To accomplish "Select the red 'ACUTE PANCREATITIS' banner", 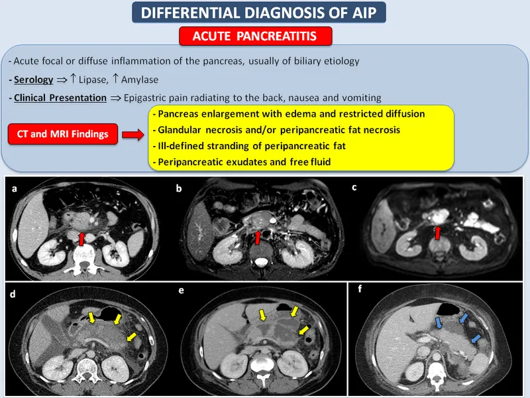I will click(x=255, y=36).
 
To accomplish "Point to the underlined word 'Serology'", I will click(x=33, y=80).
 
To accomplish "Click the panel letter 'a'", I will click(x=15, y=189).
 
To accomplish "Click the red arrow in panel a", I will click(x=81, y=237).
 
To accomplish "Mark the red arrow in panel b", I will click(x=258, y=236).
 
